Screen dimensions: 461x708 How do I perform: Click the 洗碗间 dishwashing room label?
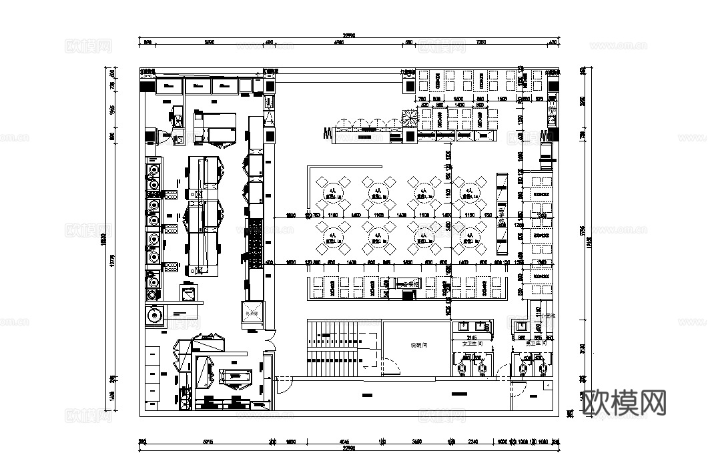point(418,345)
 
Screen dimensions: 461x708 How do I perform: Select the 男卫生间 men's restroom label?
point(535,343)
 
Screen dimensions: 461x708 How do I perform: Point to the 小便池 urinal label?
point(547,316)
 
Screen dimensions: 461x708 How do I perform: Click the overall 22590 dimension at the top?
point(348,35)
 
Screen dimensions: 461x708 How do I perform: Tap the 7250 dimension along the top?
point(480,43)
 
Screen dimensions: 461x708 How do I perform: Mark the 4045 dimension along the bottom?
point(344,441)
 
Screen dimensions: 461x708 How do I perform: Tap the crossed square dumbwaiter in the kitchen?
point(253,313)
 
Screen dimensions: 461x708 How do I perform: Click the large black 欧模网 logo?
point(625,402)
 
